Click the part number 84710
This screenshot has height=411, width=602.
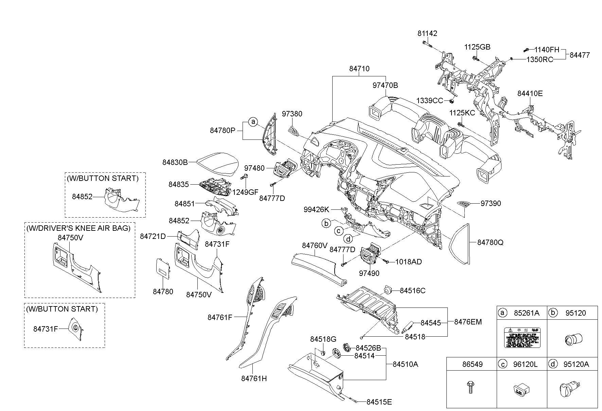pos(359,69)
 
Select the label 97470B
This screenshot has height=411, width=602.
pos(385,86)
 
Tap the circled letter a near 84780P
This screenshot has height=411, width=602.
pos(253,122)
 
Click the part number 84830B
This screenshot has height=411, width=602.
pos(175,162)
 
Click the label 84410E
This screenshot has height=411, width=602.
pos(530,93)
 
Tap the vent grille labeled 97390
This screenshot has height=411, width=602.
pos(464,204)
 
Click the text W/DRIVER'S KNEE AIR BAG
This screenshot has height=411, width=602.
pos(78,228)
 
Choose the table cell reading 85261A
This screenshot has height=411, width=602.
pos(526,313)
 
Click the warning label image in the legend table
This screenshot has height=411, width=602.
pos(522,338)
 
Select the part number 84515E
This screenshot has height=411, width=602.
pos(379,402)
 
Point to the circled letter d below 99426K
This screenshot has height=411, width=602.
pos(348,239)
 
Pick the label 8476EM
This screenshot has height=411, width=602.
pos(468,322)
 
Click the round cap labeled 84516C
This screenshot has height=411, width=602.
pos(388,289)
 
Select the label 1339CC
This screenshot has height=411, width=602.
pos(430,101)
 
